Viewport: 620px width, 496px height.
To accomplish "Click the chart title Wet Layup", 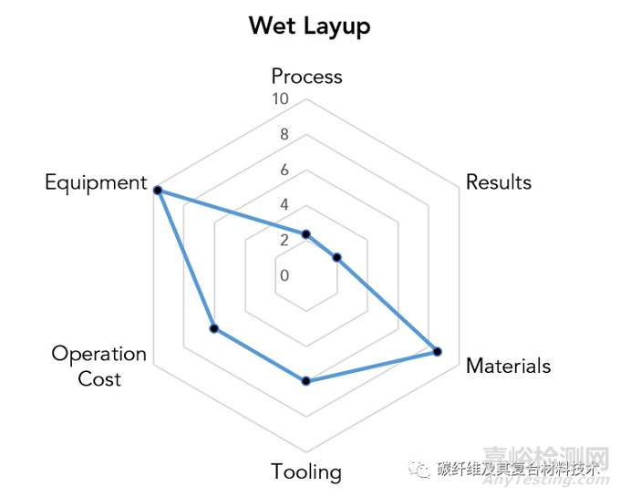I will click(310, 26).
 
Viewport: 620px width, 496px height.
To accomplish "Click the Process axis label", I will click(306, 76).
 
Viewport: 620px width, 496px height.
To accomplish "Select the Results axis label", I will click(498, 182).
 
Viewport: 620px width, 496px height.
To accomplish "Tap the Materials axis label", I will click(508, 366).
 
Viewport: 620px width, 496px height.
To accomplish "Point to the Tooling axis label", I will click(306, 471).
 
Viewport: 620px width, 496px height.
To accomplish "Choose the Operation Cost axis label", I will click(98, 366).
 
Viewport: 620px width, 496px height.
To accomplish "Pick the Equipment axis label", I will click(96, 182).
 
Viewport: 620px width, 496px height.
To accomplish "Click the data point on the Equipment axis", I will click(157, 190).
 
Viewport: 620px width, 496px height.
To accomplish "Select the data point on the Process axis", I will click(306, 234).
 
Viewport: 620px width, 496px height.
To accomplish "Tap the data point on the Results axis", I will click(337, 258).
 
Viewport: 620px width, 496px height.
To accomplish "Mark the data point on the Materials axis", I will click(438, 351).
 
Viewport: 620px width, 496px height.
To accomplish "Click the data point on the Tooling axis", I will click(306, 380).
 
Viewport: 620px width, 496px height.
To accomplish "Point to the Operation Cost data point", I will click(213, 329).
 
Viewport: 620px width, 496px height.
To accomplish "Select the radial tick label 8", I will click(284, 134).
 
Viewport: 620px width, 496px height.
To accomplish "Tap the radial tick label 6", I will click(284, 170).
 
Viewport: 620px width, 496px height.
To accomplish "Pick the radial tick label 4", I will click(284, 204).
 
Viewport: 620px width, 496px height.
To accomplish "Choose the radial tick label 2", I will click(284, 240).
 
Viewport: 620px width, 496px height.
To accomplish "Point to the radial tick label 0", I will click(284, 275).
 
